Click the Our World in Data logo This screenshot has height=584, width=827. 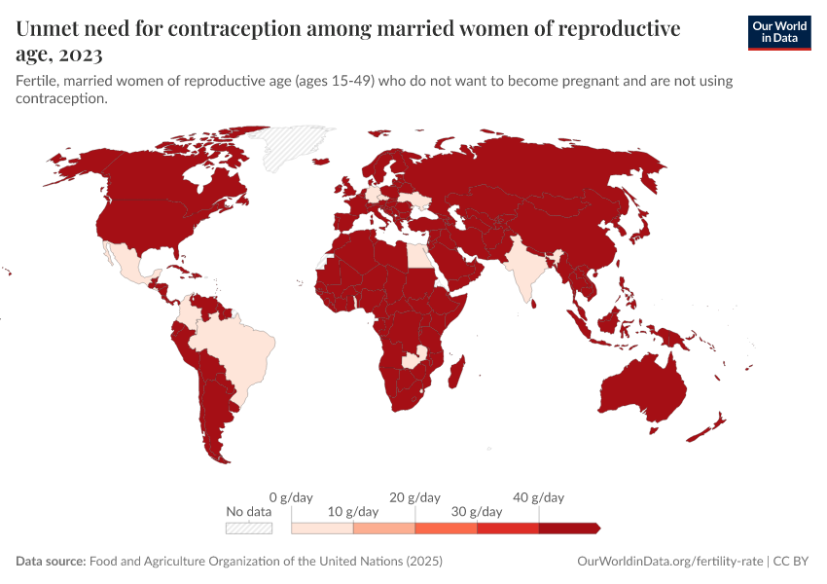point(778,32)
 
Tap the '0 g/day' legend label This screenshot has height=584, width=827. point(291,497)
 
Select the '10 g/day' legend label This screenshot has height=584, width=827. point(353,512)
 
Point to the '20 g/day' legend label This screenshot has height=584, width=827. point(415,497)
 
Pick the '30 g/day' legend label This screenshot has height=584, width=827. point(477,512)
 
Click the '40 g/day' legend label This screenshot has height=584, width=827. point(538,497)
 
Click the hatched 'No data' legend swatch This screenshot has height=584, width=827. point(248,528)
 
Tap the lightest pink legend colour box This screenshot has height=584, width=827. point(322,528)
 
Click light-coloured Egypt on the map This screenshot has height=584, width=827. point(415,256)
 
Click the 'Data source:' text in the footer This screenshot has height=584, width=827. point(51,562)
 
